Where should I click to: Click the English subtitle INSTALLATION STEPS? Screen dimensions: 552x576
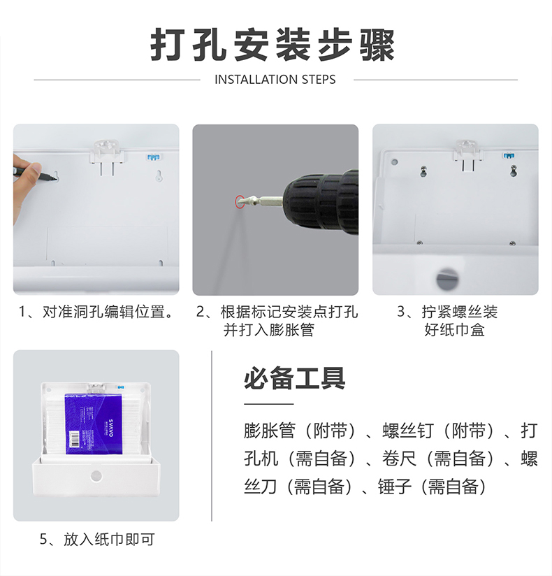275,80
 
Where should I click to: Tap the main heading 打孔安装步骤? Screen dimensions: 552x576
273,45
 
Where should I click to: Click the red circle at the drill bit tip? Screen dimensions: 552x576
240,202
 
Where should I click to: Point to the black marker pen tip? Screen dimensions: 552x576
55,179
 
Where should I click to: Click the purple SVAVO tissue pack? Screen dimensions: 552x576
94,424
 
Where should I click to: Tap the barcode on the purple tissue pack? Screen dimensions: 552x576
75,440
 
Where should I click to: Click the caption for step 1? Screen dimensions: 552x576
96,312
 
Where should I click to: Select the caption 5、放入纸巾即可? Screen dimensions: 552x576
97,539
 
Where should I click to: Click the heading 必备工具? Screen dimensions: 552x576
295,378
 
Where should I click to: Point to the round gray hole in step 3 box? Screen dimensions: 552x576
447,278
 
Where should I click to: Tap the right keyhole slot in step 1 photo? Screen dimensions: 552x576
159,176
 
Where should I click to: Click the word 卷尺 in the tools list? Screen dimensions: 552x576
399,459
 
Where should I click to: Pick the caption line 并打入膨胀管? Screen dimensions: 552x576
269,329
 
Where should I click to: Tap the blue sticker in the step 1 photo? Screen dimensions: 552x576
153,157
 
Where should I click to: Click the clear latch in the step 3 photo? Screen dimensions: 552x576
466,155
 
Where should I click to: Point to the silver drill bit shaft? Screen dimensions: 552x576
263,201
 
